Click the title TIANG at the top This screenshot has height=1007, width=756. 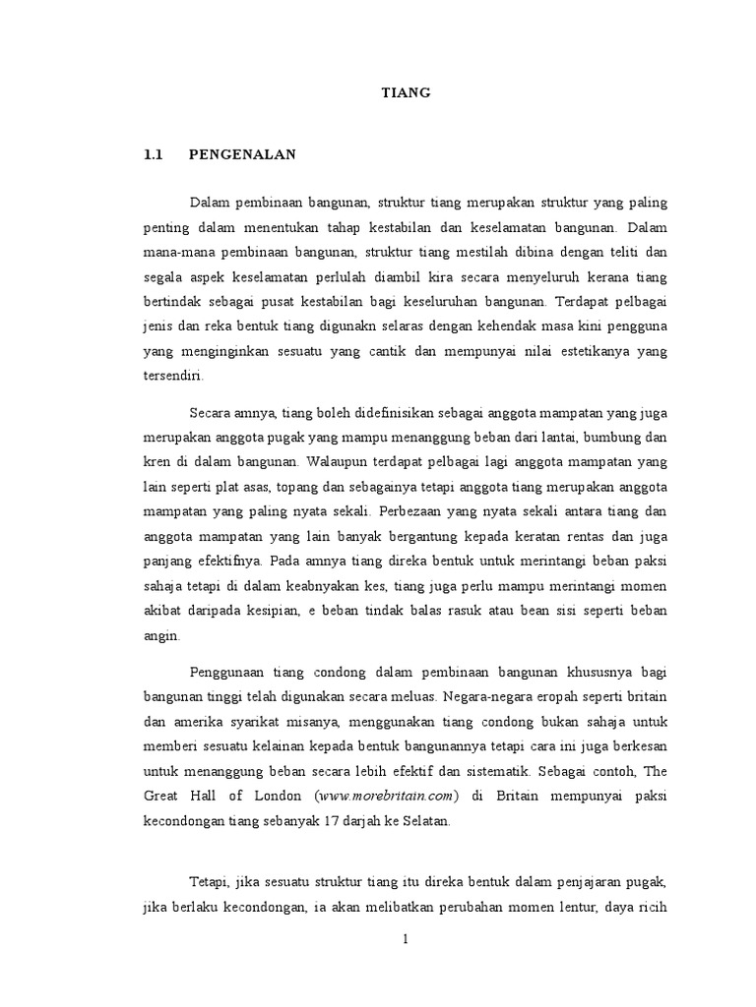point(407,93)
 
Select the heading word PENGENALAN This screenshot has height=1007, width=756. point(242,154)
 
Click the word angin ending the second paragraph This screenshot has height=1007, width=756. point(161,634)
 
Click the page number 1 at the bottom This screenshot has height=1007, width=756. point(405,939)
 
